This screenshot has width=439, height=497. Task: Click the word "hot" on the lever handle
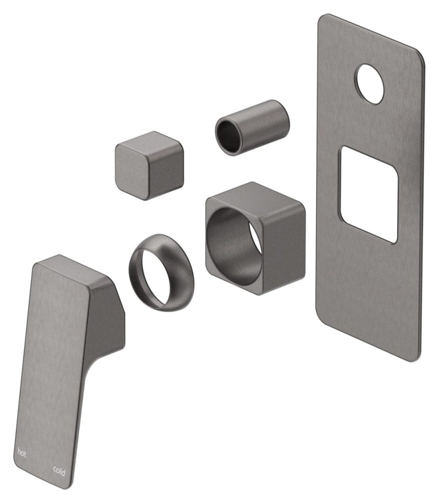pyautogui.click(x=22, y=452)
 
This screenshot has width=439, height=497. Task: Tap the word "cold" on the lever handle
pyautogui.click(x=59, y=470)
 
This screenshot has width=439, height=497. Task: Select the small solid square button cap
pyautogui.click(x=148, y=166)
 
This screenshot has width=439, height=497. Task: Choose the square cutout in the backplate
pyautogui.click(x=369, y=194)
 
